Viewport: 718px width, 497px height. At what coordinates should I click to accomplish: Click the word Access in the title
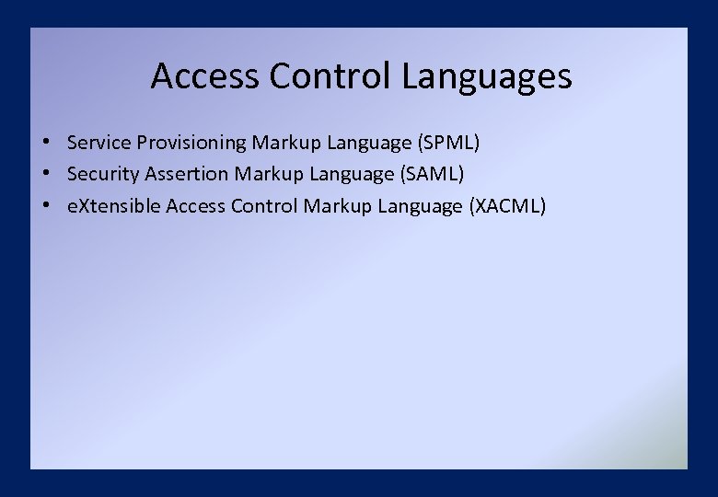(x=205, y=76)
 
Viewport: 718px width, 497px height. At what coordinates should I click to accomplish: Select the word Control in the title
(x=331, y=76)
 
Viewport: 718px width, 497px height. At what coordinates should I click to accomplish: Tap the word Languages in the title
(x=487, y=76)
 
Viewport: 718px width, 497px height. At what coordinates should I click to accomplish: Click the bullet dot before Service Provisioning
(x=44, y=143)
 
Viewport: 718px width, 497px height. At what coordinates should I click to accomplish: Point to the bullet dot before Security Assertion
(x=44, y=174)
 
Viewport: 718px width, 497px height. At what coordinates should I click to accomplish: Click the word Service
(x=98, y=143)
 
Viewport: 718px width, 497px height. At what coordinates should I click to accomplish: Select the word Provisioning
(x=191, y=143)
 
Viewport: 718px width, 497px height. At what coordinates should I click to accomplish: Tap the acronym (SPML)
(x=449, y=143)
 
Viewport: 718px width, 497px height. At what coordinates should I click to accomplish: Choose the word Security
(x=102, y=174)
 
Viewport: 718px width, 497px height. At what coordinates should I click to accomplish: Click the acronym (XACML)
(x=507, y=206)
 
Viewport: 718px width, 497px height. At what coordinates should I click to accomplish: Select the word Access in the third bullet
(x=195, y=206)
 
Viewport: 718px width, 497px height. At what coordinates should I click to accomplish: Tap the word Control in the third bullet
(x=264, y=206)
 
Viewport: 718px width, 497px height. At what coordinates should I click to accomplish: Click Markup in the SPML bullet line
(x=284, y=143)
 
